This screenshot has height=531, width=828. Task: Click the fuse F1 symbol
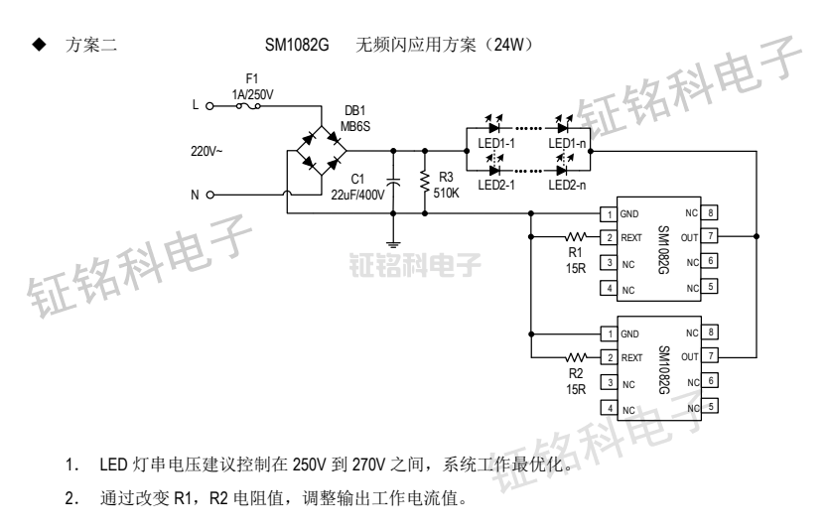(x=243, y=102)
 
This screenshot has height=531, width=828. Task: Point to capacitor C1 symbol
(x=395, y=183)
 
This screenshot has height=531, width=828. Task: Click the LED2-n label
(x=567, y=185)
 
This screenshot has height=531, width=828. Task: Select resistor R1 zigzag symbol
(x=577, y=237)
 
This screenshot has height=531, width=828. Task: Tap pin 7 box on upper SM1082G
(x=711, y=237)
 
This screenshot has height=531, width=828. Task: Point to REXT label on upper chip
(x=633, y=238)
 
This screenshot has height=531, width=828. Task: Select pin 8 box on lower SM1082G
(x=711, y=332)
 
